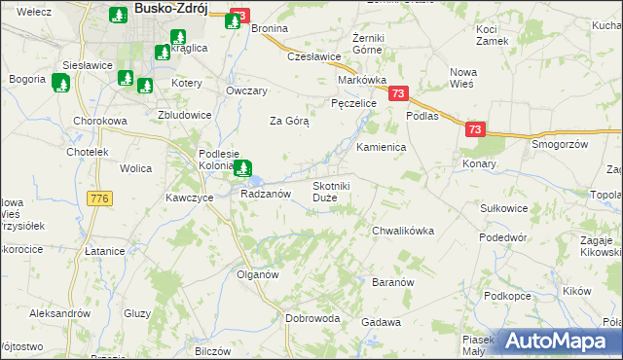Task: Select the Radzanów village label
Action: (266, 194)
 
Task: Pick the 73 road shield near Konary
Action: (474, 128)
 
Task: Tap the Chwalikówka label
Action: (402, 231)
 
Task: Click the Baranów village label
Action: (394, 281)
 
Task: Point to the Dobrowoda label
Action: (312, 318)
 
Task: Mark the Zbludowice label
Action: (185, 114)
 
